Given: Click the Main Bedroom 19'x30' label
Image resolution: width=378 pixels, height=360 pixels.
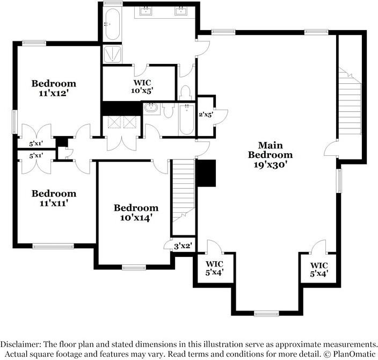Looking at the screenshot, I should pyautogui.click(x=270, y=155).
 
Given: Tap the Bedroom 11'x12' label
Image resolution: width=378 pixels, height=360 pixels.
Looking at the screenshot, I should pyautogui.click(x=53, y=88).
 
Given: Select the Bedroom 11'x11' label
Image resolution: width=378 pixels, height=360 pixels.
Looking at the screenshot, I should pyautogui.click(x=53, y=198).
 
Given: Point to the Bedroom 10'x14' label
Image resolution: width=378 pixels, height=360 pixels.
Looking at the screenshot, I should pyautogui.click(x=136, y=213).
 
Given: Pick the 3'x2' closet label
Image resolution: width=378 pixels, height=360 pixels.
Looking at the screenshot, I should pyautogui.click(x=183, y=246).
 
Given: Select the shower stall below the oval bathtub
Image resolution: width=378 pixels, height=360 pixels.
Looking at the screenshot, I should pyautogui.click(x=112, y=54).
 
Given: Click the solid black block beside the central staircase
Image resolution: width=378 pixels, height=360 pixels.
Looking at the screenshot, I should pyautogui.click(x=206, y=173).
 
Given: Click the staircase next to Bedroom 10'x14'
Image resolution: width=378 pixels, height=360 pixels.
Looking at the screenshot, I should pyautogui.click(x=183, y=193).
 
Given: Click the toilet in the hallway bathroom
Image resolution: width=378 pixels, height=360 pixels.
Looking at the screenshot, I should pyautogui.click(x=168, y=110).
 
